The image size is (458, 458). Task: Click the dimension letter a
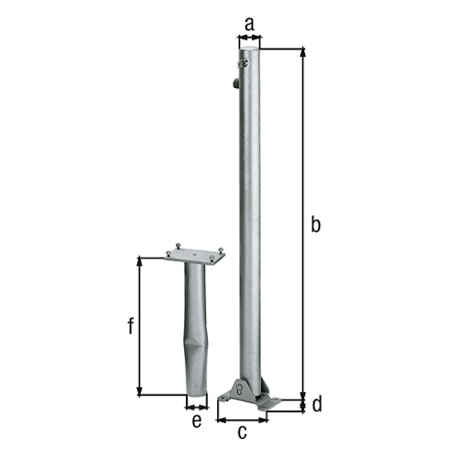(248, 20)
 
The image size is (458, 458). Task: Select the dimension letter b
(316, 224)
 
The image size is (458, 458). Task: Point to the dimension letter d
(317, 404)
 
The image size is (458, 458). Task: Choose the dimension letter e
(196, 421)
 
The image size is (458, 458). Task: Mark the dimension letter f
(130, 326)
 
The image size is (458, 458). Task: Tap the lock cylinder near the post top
(245, 63)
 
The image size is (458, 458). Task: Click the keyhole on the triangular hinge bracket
(240, 390)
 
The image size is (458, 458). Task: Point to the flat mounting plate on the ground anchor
(195, 254)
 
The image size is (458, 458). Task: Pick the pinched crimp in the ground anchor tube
(195, 348)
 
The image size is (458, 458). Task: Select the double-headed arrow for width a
(249, 38)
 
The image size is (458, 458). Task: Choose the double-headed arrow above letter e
(196, 405)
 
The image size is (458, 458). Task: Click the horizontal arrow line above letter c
(242, 420)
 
